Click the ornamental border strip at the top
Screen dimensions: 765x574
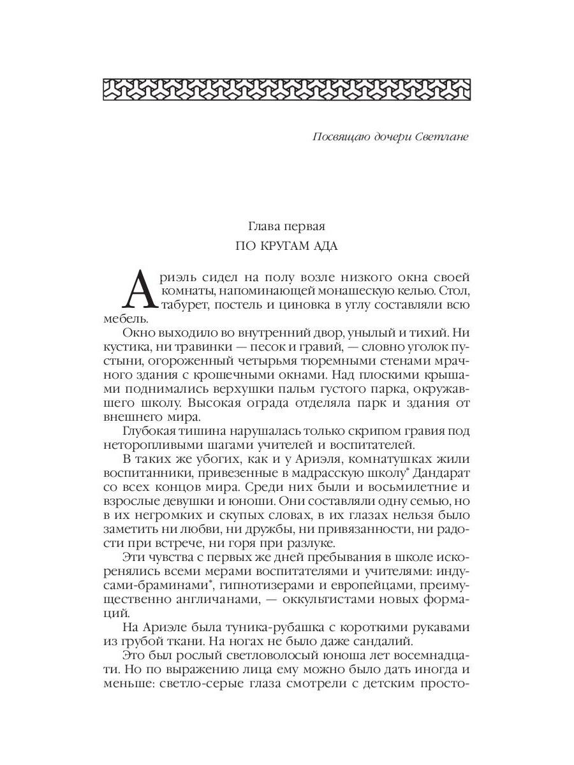coord(286,89)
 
